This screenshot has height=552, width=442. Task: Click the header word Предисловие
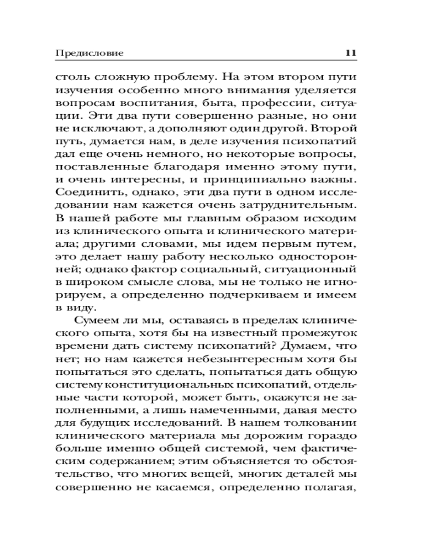(90, 53)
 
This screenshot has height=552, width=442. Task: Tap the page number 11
(351, 53)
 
